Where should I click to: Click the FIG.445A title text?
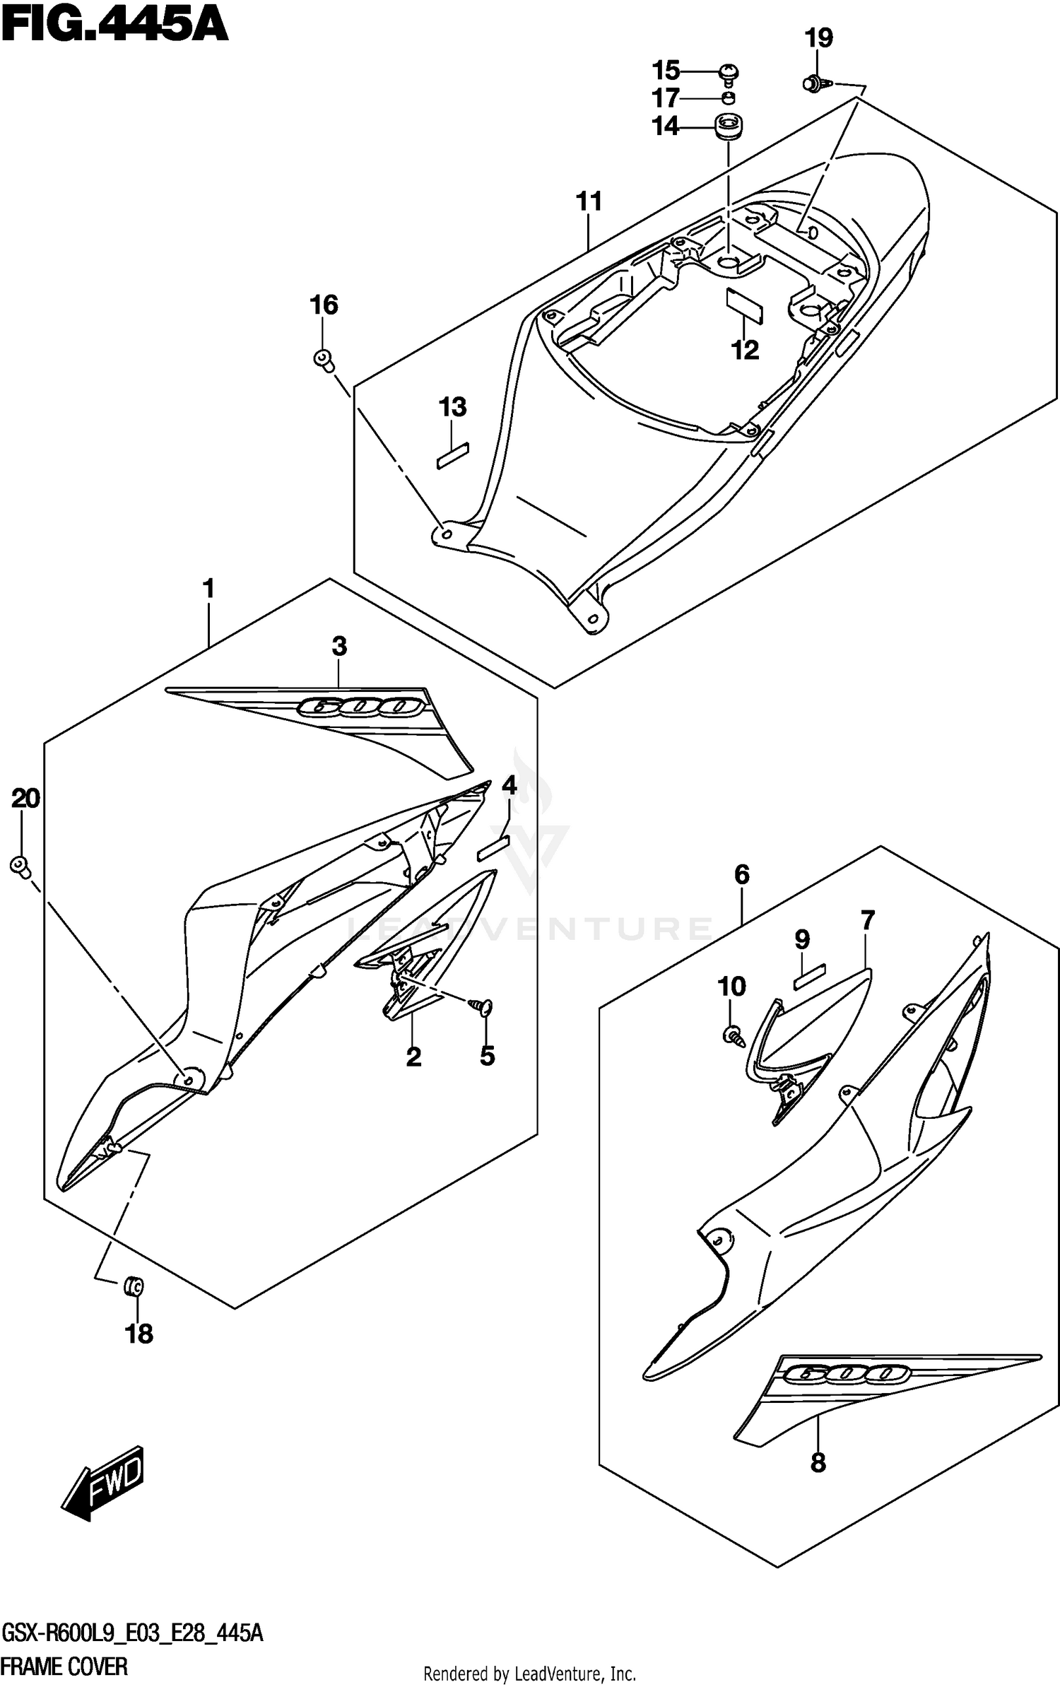point(114,27)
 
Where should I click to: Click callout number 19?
point(819,38)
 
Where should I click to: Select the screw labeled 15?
point(729,73)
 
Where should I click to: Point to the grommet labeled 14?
point(727,127)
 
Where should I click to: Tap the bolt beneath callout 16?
point(324,359)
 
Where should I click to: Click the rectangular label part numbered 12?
point(745,305)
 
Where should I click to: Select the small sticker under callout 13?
point(453,456)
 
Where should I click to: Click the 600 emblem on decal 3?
point(361,706)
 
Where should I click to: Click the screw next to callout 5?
point(485,1009)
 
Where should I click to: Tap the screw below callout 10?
point(732,1037)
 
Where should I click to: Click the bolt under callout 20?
point(20,866)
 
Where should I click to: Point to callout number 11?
point(588,202)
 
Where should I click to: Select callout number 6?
point(741,875)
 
